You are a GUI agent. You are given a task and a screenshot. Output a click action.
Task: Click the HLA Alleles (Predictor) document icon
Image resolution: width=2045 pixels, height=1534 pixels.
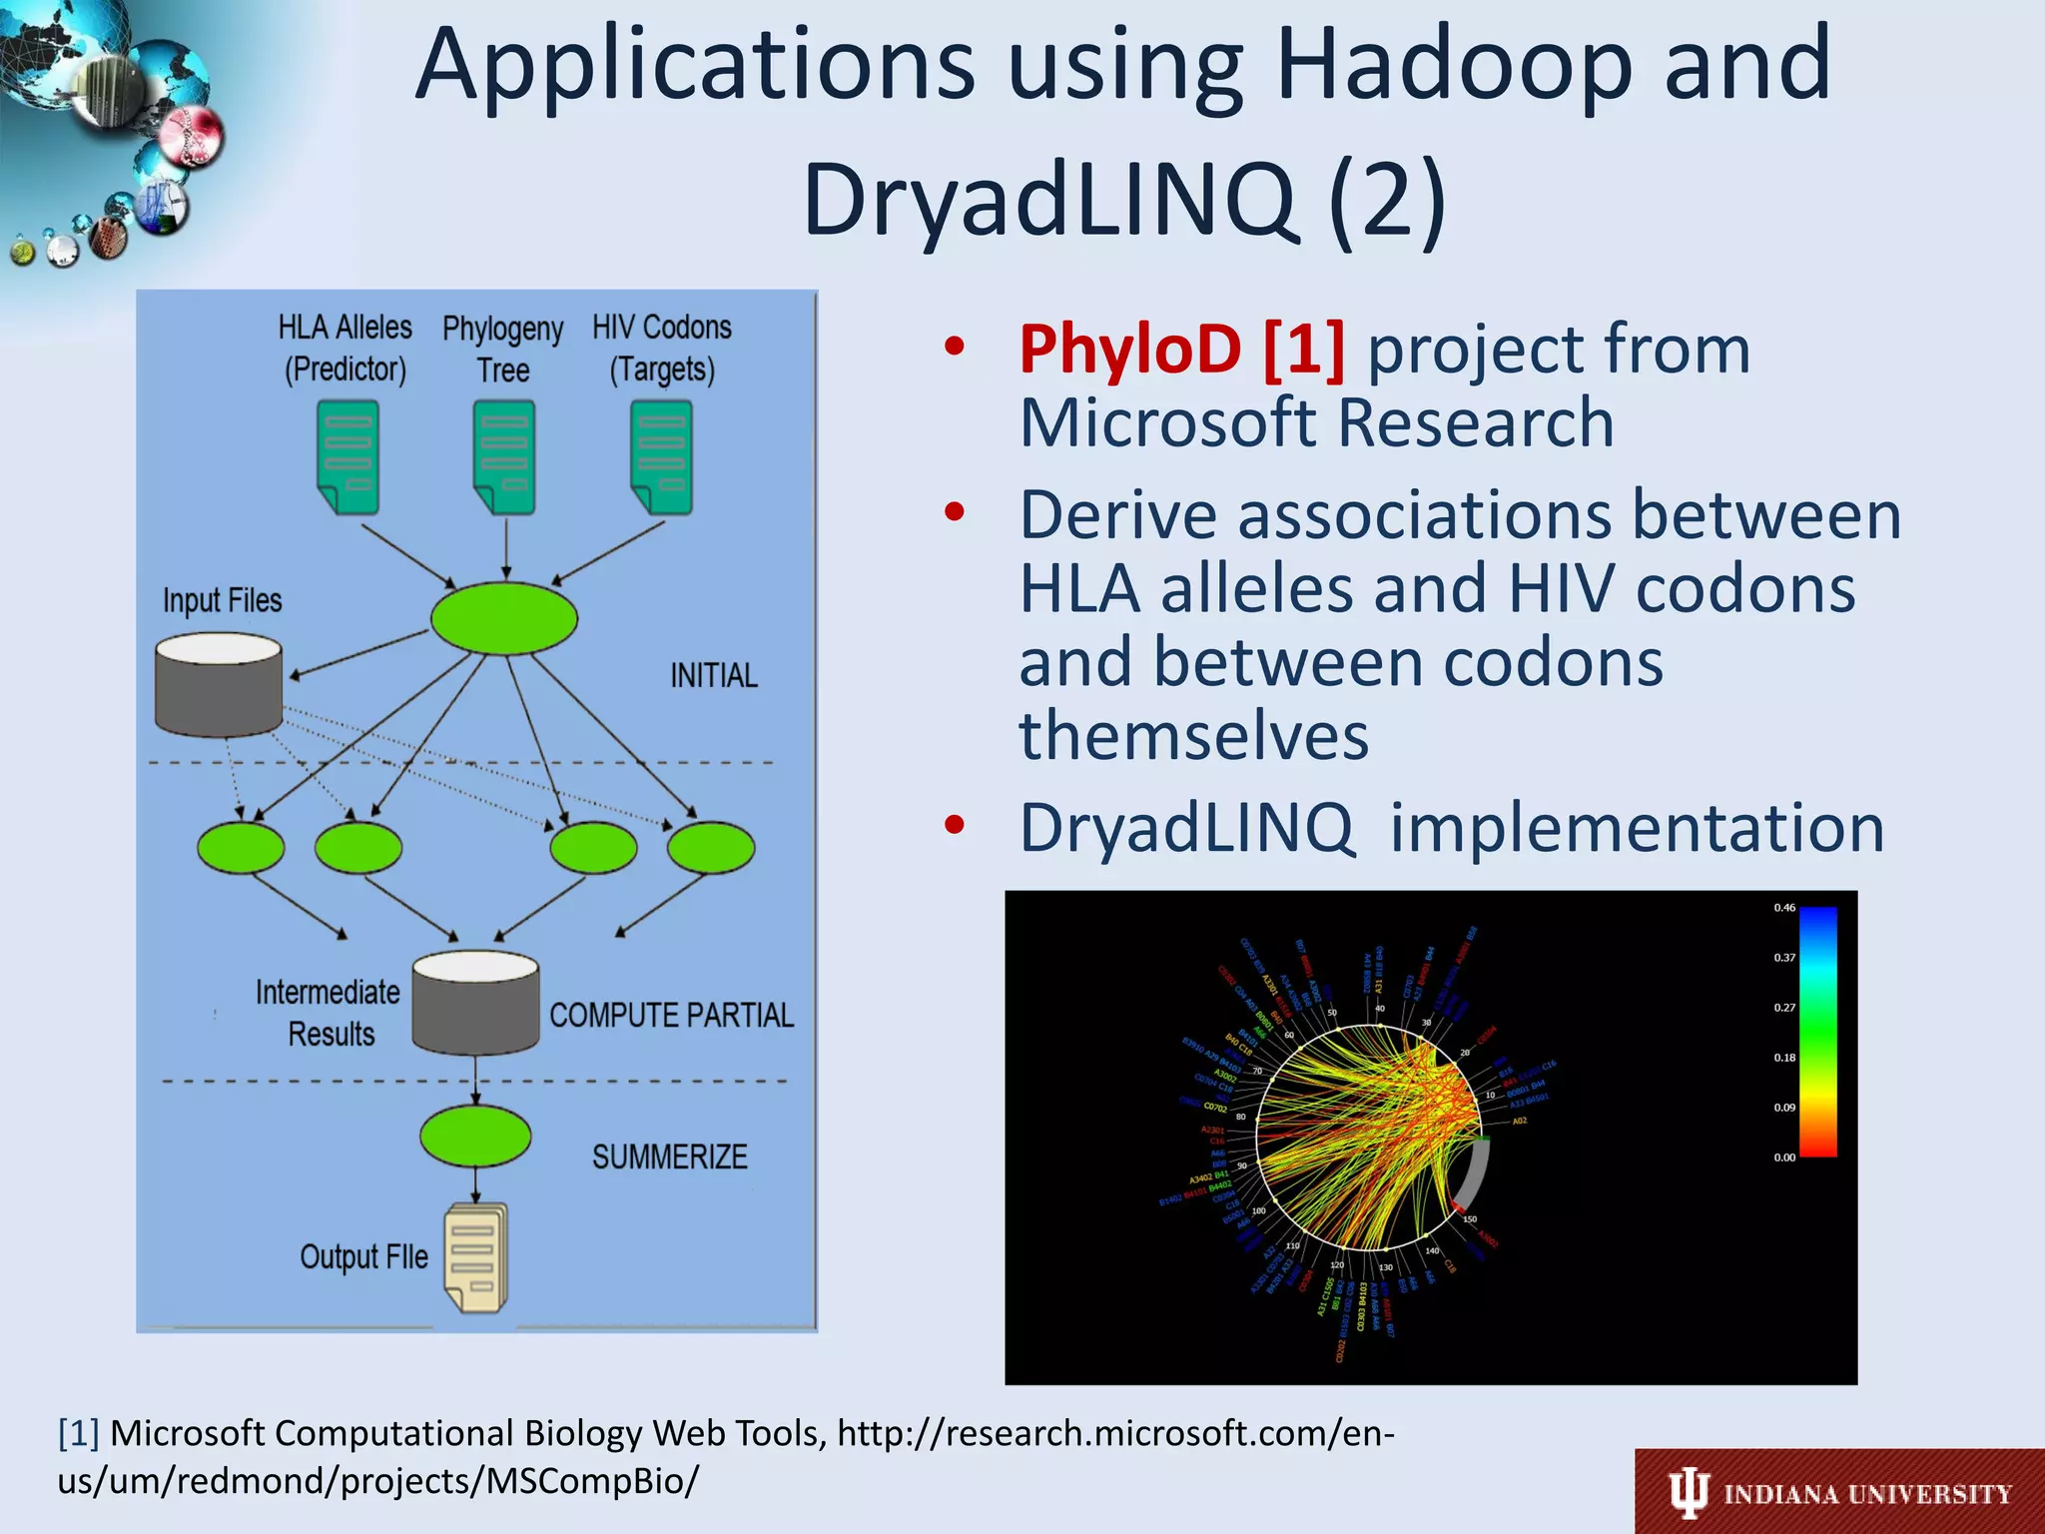347,456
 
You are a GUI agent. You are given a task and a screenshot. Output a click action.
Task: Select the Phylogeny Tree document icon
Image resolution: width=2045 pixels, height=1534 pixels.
504,456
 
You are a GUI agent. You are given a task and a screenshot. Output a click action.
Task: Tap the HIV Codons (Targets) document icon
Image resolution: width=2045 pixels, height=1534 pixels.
662,456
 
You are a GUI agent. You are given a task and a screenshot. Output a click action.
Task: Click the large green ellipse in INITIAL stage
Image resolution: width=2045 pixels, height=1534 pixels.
504,619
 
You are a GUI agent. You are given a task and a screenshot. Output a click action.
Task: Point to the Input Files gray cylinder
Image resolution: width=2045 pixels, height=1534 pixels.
219,685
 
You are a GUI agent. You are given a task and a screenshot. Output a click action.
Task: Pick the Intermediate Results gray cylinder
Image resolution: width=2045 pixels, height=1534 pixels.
475,1003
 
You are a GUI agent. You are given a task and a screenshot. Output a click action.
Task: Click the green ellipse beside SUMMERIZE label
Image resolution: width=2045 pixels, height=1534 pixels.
475,1137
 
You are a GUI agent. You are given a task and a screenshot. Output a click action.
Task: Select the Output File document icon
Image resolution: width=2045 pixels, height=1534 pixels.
476,1257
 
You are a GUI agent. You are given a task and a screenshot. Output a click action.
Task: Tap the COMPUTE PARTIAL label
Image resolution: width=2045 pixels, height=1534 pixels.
671,1016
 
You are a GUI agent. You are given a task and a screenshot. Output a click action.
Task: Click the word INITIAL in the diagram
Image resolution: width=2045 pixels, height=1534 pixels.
713,676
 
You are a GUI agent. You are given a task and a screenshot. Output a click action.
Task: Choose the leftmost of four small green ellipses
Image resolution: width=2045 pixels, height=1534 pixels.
241,848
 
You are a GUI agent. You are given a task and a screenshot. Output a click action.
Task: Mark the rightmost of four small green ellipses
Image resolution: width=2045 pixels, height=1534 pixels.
711,848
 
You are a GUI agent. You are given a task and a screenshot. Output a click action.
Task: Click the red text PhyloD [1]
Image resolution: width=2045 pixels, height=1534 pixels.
1181,351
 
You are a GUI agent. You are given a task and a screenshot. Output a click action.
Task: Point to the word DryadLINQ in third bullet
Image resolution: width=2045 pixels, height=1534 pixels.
1185,828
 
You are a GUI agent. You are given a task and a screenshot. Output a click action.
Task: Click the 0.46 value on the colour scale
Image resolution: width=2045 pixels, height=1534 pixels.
1784,908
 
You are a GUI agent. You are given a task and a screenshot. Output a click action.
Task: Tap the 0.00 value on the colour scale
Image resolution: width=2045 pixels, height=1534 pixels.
1784,1157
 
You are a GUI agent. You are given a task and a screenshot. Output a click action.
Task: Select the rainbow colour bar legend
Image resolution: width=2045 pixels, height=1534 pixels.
1818,1032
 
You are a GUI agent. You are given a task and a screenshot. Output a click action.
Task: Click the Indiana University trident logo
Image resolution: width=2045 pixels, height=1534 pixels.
1689,1494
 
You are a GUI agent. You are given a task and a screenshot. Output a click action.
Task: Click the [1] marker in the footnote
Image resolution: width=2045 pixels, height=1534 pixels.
79,1433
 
